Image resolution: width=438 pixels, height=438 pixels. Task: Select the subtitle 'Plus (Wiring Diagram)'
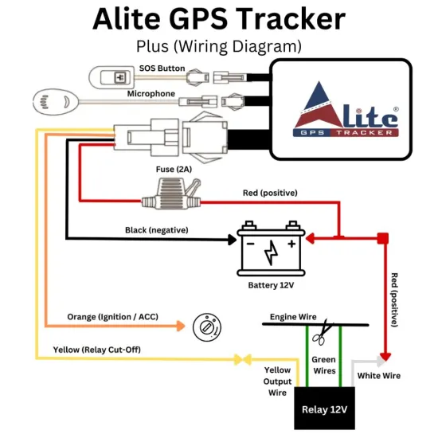coord(219,44)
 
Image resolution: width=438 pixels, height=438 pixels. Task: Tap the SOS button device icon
coord(119,78)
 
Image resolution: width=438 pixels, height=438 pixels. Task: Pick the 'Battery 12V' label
coord(271,284)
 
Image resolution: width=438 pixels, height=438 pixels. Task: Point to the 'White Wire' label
coord(378,375)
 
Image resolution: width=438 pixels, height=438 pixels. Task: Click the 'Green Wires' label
coord(323,366)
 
